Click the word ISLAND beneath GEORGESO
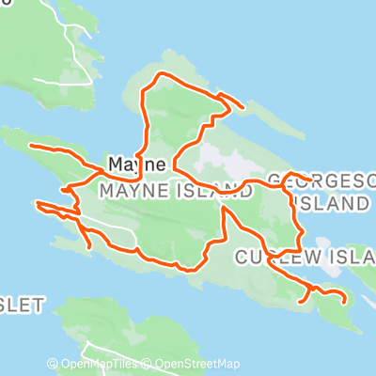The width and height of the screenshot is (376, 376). point(329,202)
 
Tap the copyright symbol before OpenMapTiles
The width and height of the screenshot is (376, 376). point(53,365)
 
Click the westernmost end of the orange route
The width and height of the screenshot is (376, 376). point(31,146)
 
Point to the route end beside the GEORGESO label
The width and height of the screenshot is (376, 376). point(309,178)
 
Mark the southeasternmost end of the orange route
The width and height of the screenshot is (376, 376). point(346,300)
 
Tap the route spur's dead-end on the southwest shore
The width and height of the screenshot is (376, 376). point(89,248)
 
